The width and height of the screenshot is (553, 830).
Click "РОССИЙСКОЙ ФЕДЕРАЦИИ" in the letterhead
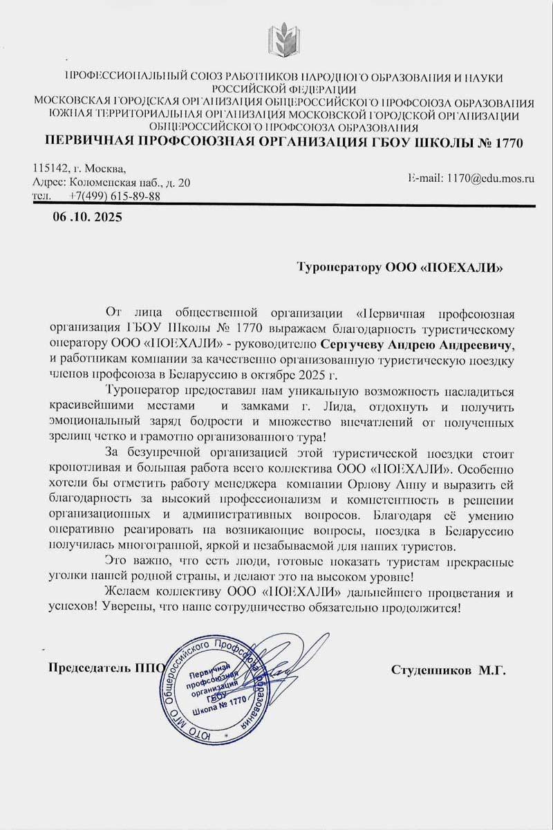pyautogui.click(x=284, y=89)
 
